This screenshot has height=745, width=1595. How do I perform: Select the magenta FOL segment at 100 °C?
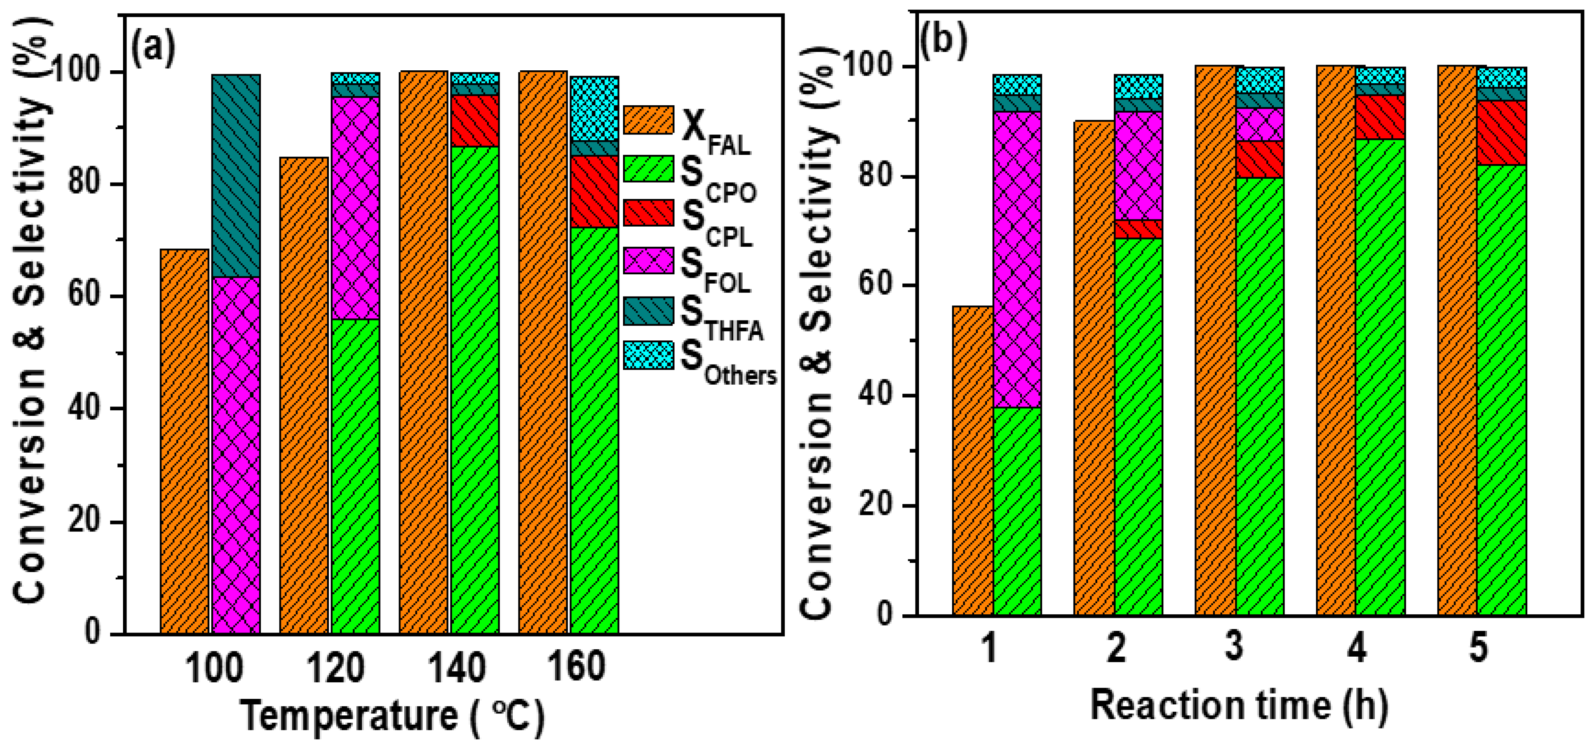tap(236, 455)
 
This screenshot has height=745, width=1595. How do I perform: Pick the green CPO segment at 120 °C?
tap(356, 476)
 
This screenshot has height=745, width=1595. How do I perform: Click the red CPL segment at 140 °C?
tap(475, 121)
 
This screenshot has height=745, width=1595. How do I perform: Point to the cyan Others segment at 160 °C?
tap(595, 109)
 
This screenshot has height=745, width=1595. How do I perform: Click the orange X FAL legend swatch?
tap(648, 119)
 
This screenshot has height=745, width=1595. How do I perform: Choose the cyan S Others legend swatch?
tap(648, 355)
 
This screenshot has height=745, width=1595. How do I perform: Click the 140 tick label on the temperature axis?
tap(457, 668)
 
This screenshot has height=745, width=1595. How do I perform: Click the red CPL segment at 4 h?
tap(1380, 117)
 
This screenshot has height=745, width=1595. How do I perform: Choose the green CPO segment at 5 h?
tap(1502, 390)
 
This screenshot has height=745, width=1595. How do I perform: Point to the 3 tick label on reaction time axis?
tap(1234, 648)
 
